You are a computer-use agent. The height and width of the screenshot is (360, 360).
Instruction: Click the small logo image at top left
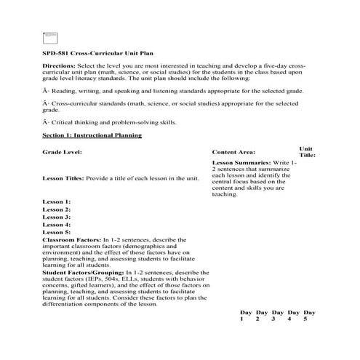click(49, 36)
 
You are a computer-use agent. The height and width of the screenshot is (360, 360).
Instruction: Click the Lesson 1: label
click(57, 201)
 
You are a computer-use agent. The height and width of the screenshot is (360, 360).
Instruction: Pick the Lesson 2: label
click(57, 209)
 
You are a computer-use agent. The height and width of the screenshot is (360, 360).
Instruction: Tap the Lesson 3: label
click(57, 217)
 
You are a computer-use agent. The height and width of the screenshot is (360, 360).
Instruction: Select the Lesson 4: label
click(57, 225)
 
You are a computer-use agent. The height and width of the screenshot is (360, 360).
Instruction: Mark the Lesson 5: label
click(57, 233)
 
